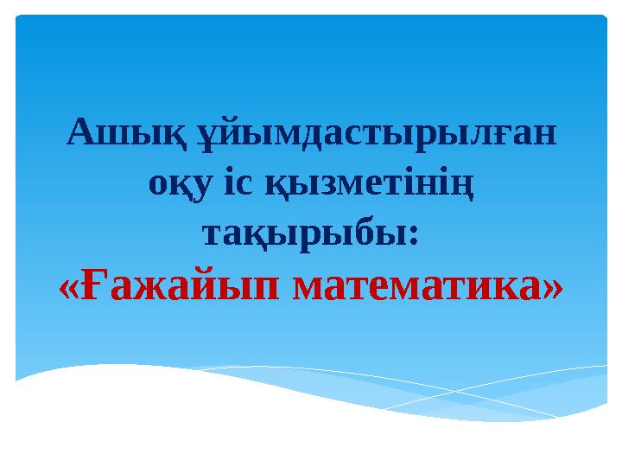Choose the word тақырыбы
(x=304, y=233)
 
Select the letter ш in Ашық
(x=110, y=135)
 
